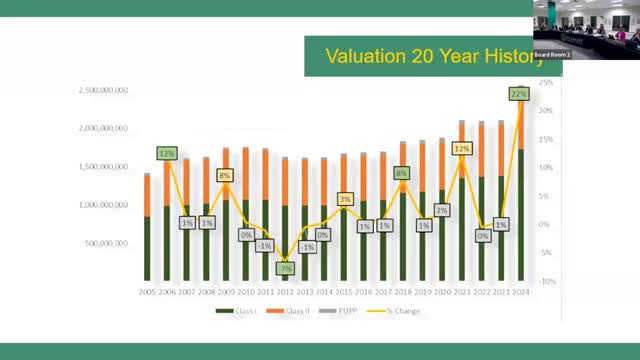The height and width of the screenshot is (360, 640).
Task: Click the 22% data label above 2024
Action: coord(518,94)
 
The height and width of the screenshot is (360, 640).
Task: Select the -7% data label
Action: coord(285,269)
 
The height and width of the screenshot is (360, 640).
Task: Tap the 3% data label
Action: coord(345,199)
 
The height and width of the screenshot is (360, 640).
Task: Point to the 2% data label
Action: coord(441,210)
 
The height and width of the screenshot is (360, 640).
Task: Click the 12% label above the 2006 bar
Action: coord(167,154)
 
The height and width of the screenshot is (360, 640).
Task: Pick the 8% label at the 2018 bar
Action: coord(402,173)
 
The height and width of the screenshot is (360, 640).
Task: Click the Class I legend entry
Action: coord(236,311)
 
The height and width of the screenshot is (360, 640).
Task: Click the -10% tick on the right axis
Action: coord(546,281)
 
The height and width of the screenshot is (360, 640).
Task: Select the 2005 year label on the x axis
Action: coord(146,291)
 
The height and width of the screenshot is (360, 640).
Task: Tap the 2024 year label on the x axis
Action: coord(520,291)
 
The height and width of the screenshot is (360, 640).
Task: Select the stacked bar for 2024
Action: coord(521,200)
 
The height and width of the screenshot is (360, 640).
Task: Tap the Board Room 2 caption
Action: coord(552,54)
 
